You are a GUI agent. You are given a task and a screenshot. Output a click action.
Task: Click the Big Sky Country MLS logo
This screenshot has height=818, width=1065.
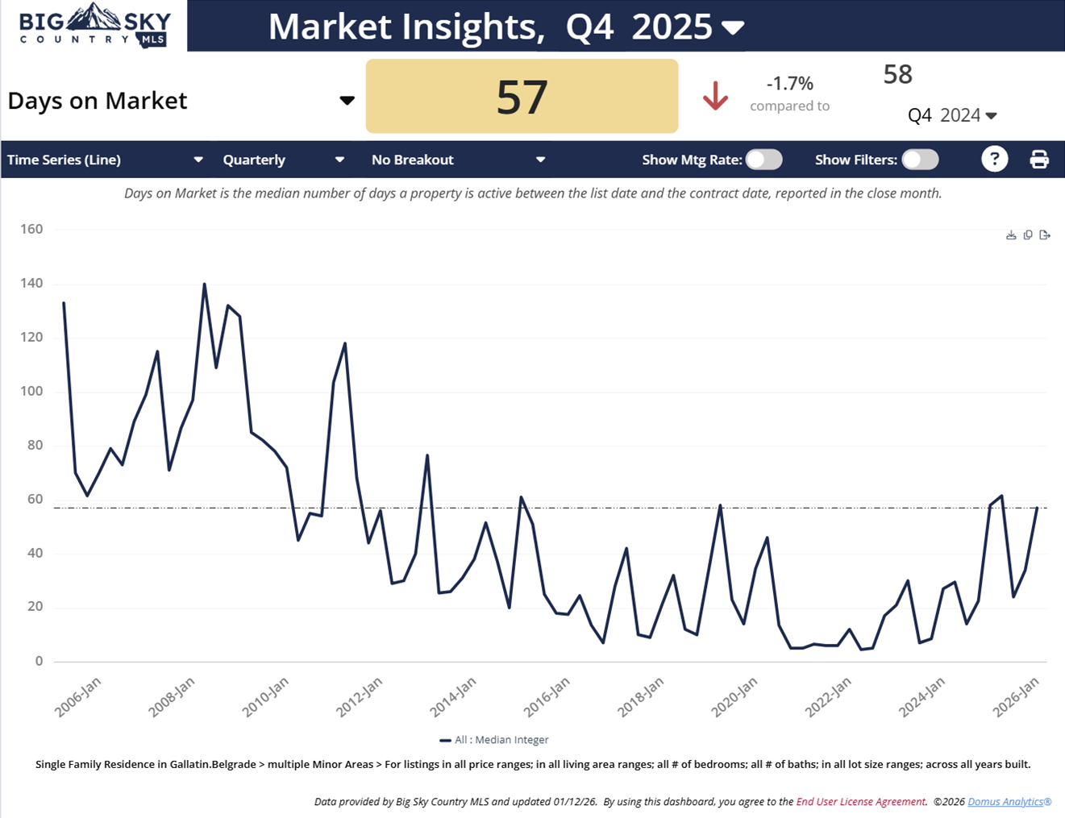coord(95,26)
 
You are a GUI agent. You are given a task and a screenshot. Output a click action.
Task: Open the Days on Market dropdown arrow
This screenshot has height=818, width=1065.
coord(347,101)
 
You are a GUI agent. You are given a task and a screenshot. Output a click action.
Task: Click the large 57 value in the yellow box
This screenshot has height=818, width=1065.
coord(522,97)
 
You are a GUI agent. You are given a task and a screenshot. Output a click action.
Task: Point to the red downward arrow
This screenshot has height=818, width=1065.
coord(715,97)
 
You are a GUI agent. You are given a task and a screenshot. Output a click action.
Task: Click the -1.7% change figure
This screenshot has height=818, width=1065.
coord(789,84)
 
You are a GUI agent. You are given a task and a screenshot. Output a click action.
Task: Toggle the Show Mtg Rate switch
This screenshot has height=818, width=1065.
coord(763,160)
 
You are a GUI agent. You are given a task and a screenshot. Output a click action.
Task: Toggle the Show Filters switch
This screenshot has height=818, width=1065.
coord(920,160)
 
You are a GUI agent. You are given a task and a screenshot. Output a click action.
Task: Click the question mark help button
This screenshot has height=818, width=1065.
coord(995,160)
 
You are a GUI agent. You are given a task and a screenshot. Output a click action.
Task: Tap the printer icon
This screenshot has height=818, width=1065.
coord(1039,160)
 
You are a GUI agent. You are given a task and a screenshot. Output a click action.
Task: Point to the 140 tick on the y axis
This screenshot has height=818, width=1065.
coord(32,284)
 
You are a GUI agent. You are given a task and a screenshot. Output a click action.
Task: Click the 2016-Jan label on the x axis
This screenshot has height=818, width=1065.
coord(547,697)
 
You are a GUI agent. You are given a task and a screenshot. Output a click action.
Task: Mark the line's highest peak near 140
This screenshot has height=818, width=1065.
coord(204,284)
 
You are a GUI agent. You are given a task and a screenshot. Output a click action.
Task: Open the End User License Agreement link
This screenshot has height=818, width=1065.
coord(860,802)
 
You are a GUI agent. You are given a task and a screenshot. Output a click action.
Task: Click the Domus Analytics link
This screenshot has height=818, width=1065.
coord(1009,802)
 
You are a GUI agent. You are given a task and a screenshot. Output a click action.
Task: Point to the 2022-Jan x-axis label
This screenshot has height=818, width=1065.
coord(828,697)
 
